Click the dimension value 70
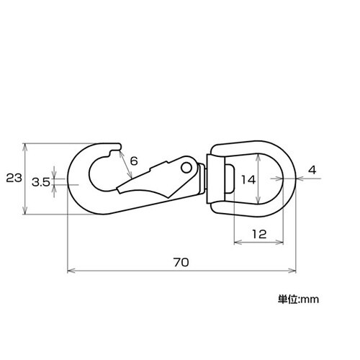pyautogui.click(x=181, y=262)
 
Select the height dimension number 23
pyautogui.click(x=12, y=178)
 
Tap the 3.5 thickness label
pyautogui.click(x=41, y=183)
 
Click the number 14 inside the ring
pyautogui.click(x=248, y=179)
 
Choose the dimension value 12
pyautogui.click(x=259, y=233)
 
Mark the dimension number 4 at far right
pyautogui.click(x=311, y=170)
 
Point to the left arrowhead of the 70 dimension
pyautogui.click(x=69, y=271)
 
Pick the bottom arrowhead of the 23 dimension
pyautogui.click(x=26, y=212)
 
